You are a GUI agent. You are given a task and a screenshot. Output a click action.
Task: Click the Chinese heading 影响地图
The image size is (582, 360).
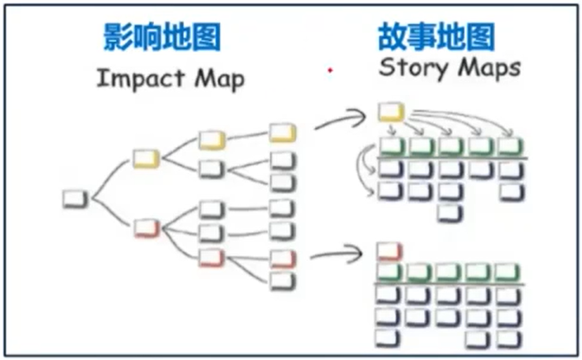(x=162, y=37)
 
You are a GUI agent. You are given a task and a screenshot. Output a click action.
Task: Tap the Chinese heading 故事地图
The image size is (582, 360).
(x=437, y=36)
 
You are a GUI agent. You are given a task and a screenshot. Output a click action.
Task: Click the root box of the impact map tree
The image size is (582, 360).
(x=75, y=198)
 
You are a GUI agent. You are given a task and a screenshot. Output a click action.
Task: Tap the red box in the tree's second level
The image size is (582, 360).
(x=146, y=228)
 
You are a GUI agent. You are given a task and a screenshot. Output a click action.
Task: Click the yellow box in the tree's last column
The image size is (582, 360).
(x=283, y=133)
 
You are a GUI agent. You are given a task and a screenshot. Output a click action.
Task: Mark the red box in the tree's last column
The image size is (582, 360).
(x=282, y=259)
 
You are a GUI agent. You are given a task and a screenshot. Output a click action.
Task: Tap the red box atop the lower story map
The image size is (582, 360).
(x=389, y=252)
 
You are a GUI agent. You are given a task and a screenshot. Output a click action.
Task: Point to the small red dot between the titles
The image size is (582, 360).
(x=329, y=71)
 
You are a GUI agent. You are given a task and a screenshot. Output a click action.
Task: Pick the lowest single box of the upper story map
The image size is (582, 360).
(x=449, y=212)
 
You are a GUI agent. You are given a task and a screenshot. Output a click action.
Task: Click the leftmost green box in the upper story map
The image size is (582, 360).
(x=391, y=146)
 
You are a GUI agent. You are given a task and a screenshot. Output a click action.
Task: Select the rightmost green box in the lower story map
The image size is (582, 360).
(x=509, y=272)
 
